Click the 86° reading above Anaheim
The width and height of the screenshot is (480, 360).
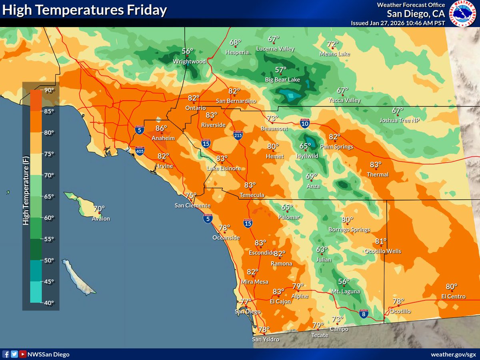pos(161,128)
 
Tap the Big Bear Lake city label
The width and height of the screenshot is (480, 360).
pos(282,80)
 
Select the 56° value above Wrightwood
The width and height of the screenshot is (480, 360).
pos(188,51)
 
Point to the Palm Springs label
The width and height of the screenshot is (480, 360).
pos(337,147)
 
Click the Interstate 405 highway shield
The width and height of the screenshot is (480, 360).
pos(140,150)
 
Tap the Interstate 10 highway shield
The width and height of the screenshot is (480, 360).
pos(305,123)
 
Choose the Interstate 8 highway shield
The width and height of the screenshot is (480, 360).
pos(363,314)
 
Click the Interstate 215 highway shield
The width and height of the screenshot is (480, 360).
pos(238,135)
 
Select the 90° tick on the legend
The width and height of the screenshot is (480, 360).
pos(49,90)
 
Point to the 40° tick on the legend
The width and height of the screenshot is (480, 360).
pos(49,303)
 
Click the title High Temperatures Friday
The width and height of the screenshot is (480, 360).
pos(84,11)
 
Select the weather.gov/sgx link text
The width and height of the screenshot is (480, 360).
pos(453,354)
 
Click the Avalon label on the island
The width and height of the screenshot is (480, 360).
pos(101,219)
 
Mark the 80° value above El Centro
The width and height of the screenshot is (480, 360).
pos(452,287)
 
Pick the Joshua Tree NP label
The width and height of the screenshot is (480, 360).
pos(400,120)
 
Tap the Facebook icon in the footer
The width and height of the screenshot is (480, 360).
pos(6,354)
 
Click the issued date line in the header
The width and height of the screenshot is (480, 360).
pos(398,23)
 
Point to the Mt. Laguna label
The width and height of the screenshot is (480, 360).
pos(346,292)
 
